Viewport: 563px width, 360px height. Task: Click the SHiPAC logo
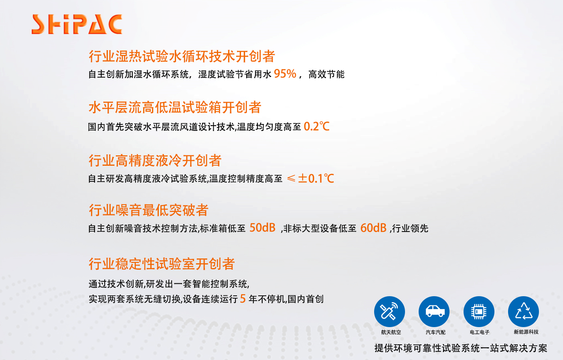77,24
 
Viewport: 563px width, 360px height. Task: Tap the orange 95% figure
285,74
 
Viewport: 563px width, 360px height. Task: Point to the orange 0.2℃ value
316,126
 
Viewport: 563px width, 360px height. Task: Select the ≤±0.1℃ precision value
310,178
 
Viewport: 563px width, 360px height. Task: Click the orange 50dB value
262,228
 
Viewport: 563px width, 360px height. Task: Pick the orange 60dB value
373,228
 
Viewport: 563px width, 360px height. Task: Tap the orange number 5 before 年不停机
243,299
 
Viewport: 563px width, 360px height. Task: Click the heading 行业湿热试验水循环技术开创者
182,56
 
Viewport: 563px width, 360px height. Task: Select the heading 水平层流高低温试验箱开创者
175,108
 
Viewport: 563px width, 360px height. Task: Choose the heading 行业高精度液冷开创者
155,161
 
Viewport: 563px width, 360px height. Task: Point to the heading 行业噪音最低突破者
148,210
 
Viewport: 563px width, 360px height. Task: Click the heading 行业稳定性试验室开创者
162,264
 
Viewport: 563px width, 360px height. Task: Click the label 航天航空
391,332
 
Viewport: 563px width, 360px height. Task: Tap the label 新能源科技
526,332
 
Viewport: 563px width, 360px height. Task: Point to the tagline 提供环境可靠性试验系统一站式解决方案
461,348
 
